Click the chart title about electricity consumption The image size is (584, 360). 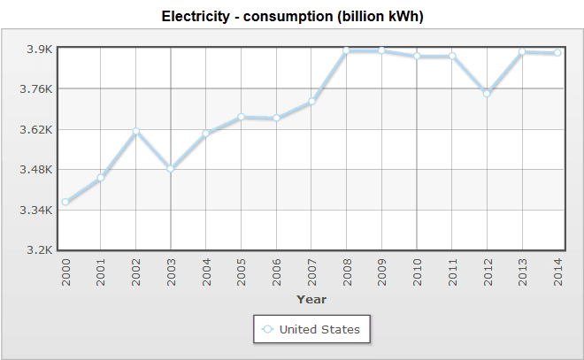click(x=292, y=17)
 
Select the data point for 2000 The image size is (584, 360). click(x=65, y=203)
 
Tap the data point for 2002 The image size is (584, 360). click(x=135, y=132)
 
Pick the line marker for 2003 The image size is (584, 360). click(x=171, y=168)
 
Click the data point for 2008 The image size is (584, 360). click(x=347, y=50)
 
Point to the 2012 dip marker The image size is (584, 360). click(x=487, y=93)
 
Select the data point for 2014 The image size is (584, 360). click(x=557, y=53)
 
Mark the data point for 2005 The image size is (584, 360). click(x=241, y=117)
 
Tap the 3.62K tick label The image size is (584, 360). click(x=39, y=129)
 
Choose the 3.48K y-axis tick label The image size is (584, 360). click(x=39, y=169)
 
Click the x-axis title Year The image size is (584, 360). click(x=311, y=299)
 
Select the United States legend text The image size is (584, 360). click(x=319, y=330)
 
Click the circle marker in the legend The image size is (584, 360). click(x=267, y=330)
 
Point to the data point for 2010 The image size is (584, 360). click(x=417, y=57)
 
